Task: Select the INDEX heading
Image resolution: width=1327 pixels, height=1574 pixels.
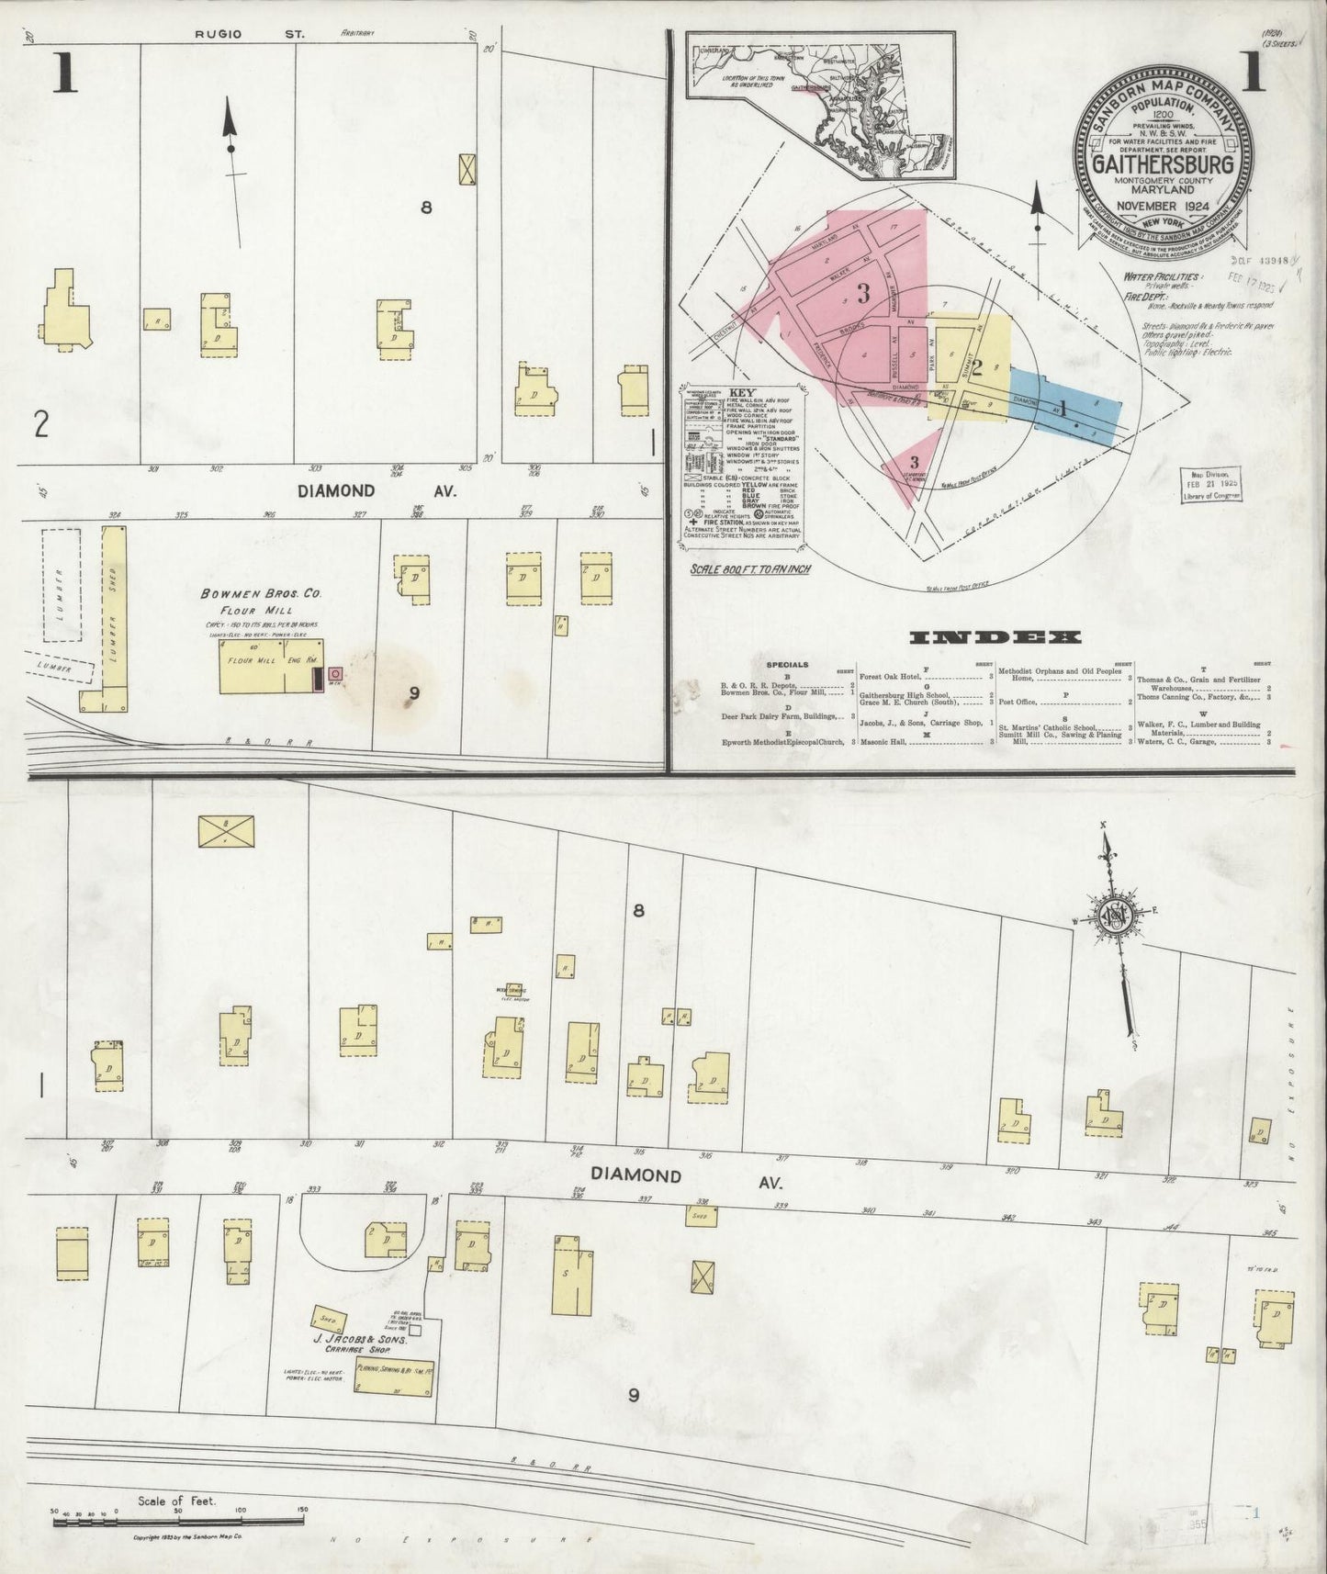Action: click(x=995, y=636)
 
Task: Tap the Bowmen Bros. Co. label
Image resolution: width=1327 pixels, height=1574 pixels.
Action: click(x=261, y=593)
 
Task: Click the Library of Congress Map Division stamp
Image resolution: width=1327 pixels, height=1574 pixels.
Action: click(x=1211, y=483)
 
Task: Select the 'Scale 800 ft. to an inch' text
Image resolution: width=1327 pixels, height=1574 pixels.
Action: click(x=749, y=569)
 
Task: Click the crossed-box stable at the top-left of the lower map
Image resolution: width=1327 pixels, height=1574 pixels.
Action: click(x=227, y=831)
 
